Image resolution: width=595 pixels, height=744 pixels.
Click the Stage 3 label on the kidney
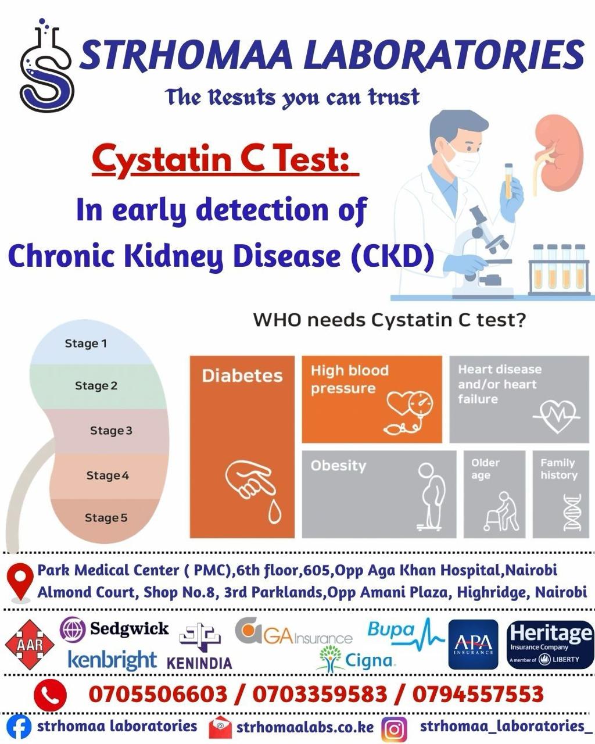[111, 431]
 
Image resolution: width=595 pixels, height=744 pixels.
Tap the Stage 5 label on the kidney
[106, 517]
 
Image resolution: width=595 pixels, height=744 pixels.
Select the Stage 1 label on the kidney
[86, 344]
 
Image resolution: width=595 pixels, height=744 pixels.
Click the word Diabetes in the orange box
[242, 376]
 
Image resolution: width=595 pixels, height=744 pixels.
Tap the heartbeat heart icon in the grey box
[556, 416]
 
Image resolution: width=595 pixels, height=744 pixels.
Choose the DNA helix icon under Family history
[572, 512]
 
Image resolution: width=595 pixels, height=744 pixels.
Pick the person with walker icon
[501, 512]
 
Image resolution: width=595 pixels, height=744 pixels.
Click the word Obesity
[338, 466]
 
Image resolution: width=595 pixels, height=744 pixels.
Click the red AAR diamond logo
[30, 645]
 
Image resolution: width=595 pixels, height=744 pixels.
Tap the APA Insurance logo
[473, 645]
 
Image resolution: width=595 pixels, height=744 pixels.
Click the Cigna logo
[356, 659]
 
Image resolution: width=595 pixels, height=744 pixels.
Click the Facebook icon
[19, 727]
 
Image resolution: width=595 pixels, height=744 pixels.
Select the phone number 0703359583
[320, 694]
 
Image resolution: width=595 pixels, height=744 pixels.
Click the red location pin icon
[20, 581]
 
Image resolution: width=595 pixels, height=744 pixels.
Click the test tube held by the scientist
[508, 181]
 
